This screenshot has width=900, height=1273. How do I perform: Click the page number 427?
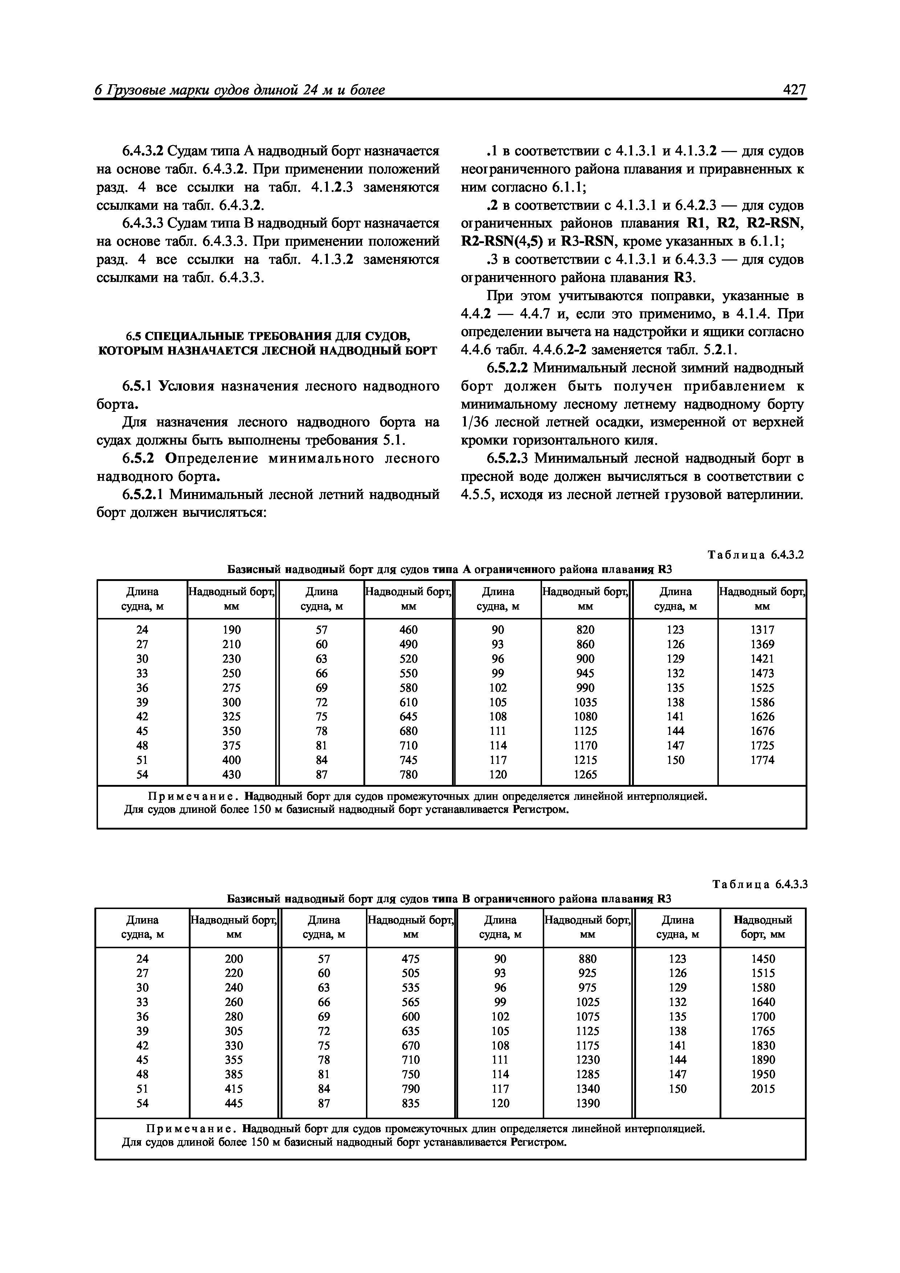(x=794, y=90)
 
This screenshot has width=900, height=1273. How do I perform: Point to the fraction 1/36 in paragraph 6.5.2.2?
(x=474, y=422)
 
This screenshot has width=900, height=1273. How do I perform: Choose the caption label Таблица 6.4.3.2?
(x=755, y=555)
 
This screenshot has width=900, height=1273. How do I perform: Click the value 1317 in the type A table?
(x=762, y=630)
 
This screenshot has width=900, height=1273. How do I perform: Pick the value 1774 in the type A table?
(x=762, y=760)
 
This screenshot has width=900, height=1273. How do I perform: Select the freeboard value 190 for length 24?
(x=231, y=630)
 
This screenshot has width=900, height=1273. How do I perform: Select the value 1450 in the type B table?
(x=763, y=959)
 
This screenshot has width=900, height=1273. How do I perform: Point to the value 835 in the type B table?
(x=410, y=1103)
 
